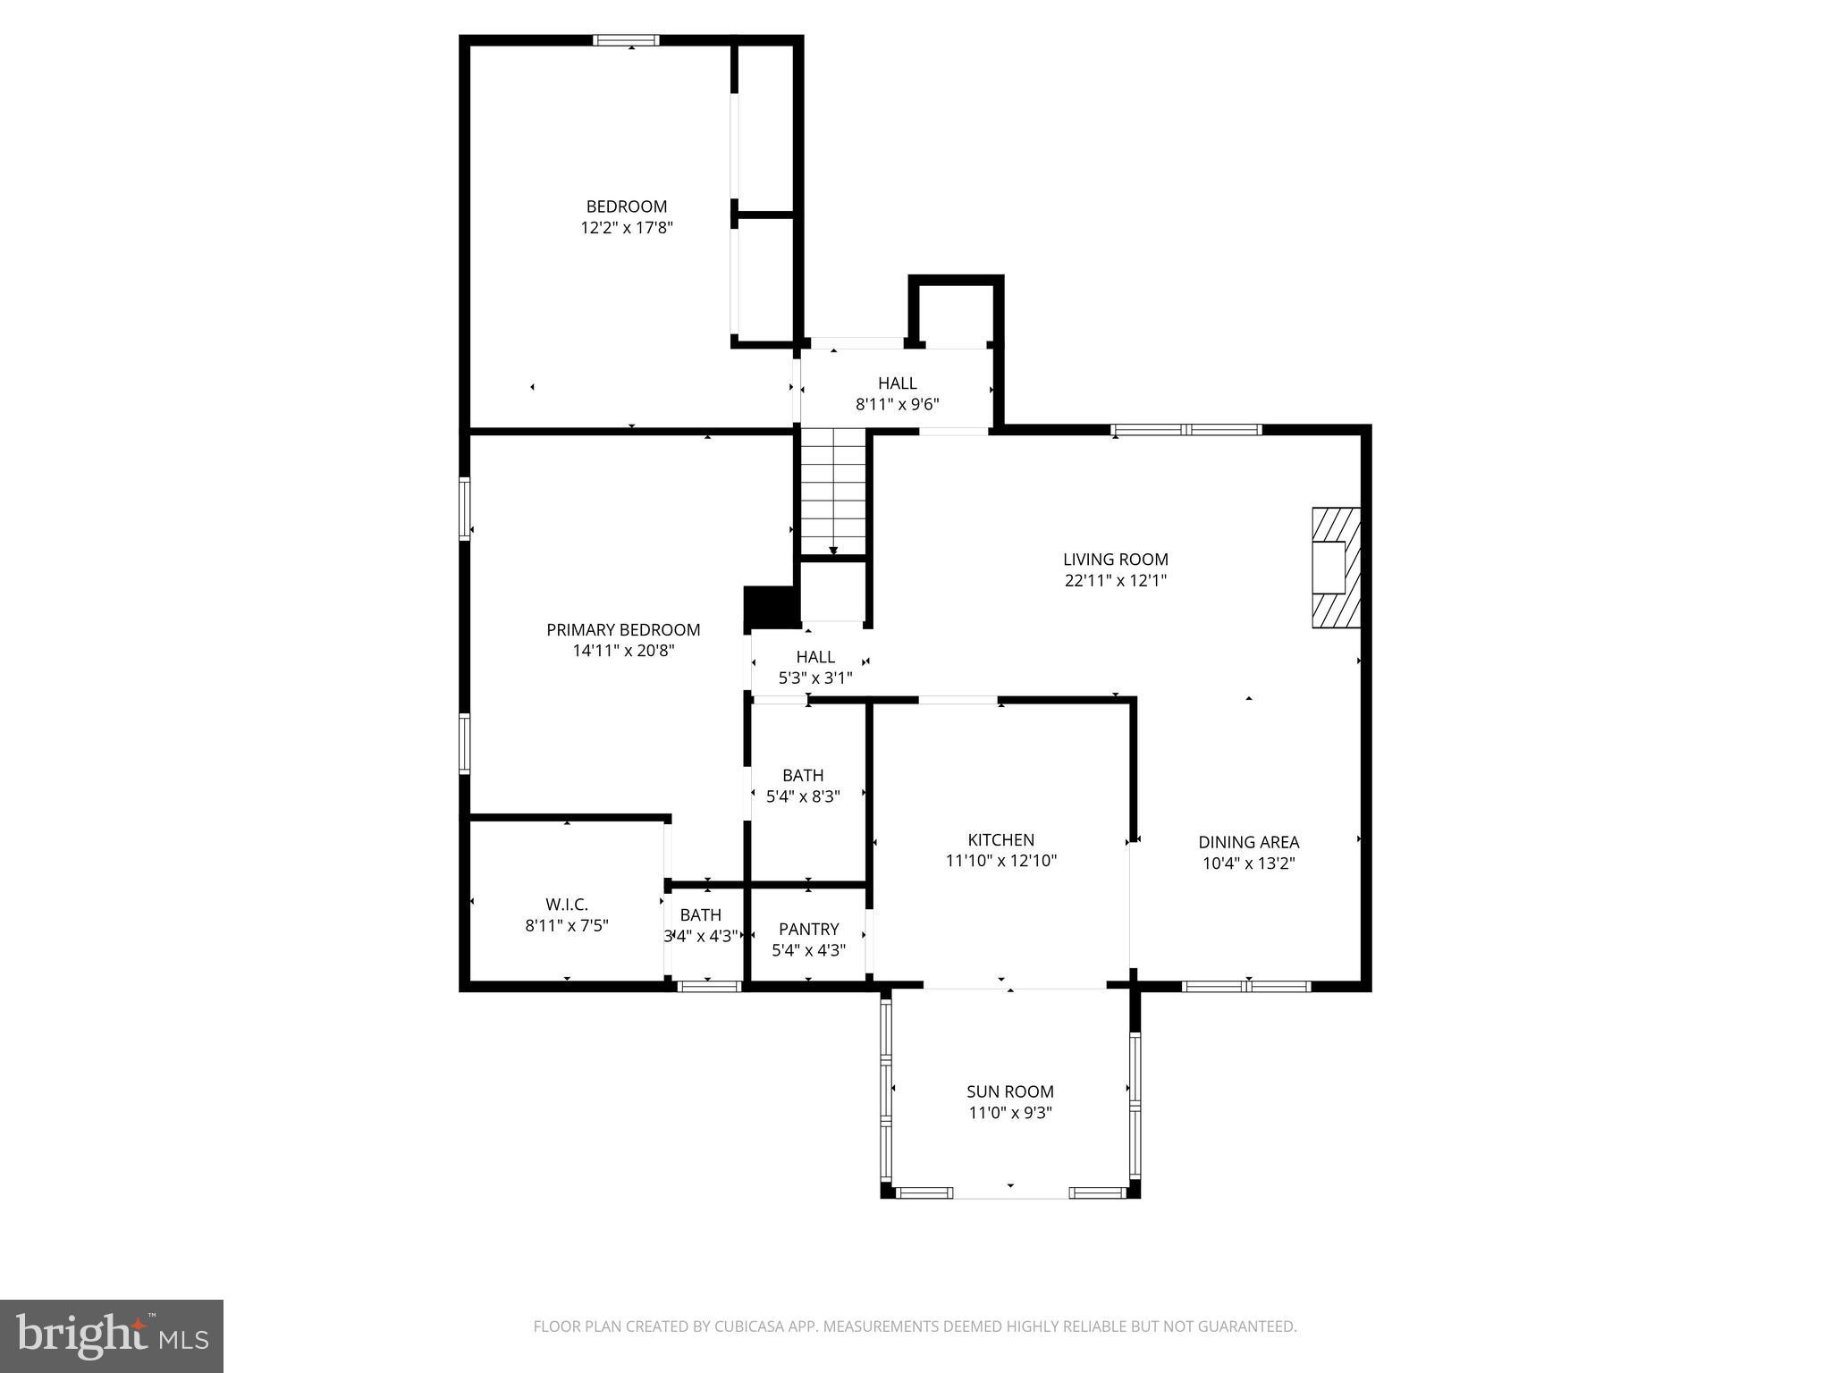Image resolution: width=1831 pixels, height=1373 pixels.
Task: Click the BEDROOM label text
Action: [626, 206]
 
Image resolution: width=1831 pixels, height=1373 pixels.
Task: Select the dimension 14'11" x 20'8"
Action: [623, 651]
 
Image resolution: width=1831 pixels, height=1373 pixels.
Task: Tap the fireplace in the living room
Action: [1335, 568]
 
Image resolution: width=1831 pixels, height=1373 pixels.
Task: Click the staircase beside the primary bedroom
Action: [832, 492]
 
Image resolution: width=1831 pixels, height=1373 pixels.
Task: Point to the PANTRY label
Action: [808, 929]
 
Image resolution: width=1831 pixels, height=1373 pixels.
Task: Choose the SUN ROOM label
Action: [1009, 1091]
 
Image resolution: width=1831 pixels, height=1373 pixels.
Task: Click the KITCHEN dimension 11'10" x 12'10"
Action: [1000, 861]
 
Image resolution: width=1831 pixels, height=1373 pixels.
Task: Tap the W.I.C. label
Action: [567, 905]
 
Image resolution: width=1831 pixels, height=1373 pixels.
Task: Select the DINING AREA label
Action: [1248, 842]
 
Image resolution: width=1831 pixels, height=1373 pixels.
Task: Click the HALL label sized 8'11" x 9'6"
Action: [897, 383]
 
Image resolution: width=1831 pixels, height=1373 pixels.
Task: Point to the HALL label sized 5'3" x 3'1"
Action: [815, 657]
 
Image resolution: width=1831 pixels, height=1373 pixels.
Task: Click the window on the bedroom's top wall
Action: [626, 40]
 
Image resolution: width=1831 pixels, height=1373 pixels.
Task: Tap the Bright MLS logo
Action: [111, 1335]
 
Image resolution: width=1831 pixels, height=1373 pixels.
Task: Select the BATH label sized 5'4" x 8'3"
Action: [803, 775]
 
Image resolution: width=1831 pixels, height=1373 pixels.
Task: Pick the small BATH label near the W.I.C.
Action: [700, 914]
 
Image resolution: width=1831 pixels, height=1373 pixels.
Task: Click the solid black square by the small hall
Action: [770, 606]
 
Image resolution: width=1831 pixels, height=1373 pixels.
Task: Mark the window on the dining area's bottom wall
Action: [1246, 987]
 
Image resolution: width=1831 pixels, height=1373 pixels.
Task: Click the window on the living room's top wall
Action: [1186, 430]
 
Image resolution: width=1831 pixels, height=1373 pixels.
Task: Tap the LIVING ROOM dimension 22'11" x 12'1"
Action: [1115, 580]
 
